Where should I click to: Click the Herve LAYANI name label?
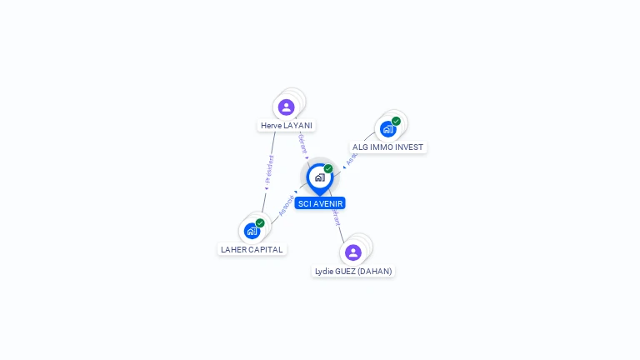coord(286,126)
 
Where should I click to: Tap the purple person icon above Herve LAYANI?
coord(287,107)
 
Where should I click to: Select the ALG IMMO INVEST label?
coord(387,147)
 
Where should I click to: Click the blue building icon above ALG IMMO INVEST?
coord(387,129)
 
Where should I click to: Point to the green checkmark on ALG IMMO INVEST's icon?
coord(396,121)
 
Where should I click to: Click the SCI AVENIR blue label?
coord(319,203)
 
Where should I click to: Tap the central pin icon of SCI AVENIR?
coord(319,177)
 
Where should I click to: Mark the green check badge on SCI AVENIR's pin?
coord(328,168)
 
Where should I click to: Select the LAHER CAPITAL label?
coord(252,249)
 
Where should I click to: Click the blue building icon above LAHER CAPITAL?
coord(252,231)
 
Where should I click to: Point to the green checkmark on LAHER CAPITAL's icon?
coord(260,222)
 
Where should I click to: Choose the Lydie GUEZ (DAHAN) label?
coord(353,271)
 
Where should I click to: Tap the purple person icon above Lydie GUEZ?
coord(353,252)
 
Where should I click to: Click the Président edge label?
coord(268,170)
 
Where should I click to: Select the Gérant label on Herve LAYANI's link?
coord(302,143)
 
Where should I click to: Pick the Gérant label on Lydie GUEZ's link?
coord(335,218)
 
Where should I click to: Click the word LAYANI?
coord(297,126)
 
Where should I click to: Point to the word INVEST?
coord(409,147)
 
